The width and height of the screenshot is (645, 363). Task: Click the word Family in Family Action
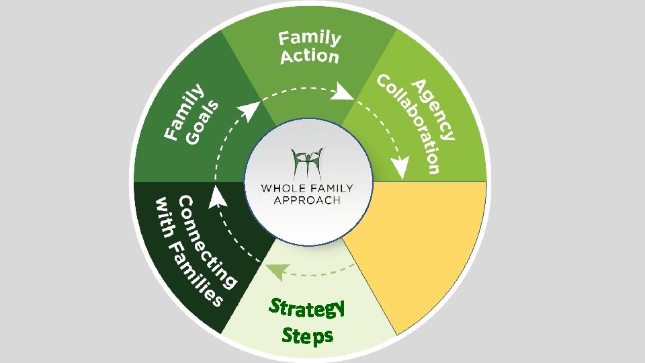pyautogui.click(x=310, y=39)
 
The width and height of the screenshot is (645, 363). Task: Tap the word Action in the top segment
pyautogui.click(x=310, y=56)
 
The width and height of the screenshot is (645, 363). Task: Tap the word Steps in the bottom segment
pyautogui.click(x=308, y=334)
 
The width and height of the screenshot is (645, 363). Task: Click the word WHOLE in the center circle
pyautogui.click(x=283, y=188)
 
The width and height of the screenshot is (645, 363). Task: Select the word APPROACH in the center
pyautogui.click(x=307, y=200)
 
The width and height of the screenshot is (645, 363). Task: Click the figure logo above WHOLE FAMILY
pyautogui.click(x=308, y=163)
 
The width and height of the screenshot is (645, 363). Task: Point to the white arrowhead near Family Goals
pyautogui.click(x=250, y=110)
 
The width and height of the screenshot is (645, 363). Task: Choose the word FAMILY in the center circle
pyautogui.click(x=329, y=188)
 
